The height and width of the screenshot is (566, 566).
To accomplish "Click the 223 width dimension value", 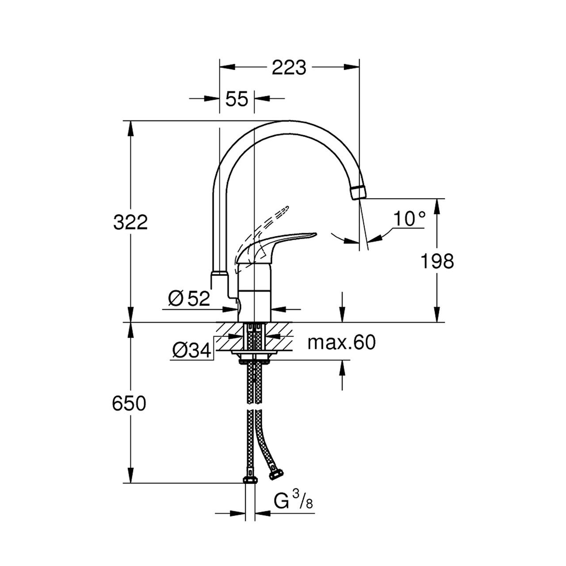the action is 289,68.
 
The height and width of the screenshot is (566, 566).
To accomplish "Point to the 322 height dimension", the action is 130,222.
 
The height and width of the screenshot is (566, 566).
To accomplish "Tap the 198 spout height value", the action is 437,261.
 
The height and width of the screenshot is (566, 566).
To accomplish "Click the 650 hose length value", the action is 129,403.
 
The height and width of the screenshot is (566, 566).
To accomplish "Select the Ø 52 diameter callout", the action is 189,299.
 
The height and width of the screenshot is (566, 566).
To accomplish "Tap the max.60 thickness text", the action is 342,342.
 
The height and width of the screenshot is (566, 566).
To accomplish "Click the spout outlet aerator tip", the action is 359,192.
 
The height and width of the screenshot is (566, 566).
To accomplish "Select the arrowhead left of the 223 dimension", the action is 227,67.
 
